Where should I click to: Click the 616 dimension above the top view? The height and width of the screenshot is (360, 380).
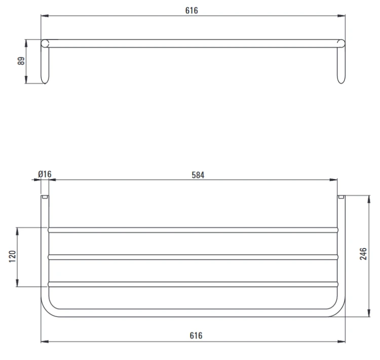[192, 11]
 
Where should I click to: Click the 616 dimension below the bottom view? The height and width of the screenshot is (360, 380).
[196, 336]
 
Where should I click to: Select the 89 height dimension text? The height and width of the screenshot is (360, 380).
[21, 61]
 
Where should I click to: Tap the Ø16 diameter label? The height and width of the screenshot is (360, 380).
[45, 174]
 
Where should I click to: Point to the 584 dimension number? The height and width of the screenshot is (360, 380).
[198, 175]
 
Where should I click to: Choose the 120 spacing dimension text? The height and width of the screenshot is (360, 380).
[12, 257]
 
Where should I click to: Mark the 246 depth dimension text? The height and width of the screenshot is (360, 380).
[363, 254]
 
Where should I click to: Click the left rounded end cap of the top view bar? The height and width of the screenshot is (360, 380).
[45, 44]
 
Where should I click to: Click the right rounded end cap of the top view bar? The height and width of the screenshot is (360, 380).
[341, 44]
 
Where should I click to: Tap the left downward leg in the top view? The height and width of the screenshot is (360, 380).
[45, 65]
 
